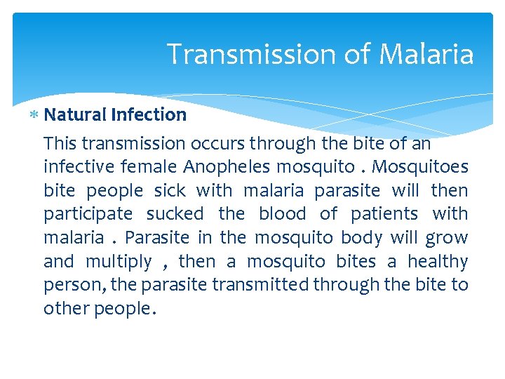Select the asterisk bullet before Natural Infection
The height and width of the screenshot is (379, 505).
pos(35,114)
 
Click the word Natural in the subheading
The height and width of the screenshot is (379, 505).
pos(74,114)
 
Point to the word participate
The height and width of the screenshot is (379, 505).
pos(88,214)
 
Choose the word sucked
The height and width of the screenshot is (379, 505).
pos(175,213)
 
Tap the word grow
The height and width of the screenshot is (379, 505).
pos(447,238)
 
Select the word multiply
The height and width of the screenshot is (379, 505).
pos(119,262)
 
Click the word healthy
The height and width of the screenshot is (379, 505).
pos(438,262)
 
